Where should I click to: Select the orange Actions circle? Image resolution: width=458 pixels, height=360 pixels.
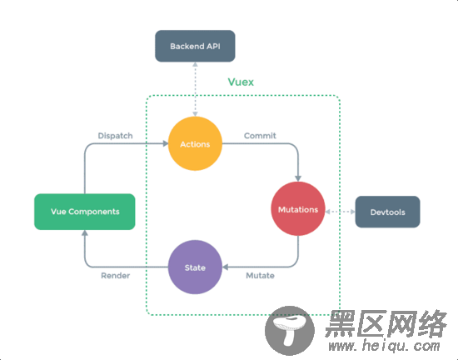pos(195,144)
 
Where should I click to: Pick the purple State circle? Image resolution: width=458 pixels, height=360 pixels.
pos(195,267)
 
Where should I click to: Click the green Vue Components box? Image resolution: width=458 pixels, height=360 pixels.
pos(83,212)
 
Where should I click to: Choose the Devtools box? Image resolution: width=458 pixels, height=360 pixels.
pos(387,212)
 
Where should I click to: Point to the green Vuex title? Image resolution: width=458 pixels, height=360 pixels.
pos(241,82)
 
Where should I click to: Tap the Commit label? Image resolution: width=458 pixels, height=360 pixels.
pos(260,135)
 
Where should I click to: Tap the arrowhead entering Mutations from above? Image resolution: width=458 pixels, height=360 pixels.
pos(297,177)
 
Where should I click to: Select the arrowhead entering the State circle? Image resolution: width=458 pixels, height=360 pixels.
pos(227,267)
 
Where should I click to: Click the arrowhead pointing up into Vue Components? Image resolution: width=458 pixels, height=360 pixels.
pos(83,233)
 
